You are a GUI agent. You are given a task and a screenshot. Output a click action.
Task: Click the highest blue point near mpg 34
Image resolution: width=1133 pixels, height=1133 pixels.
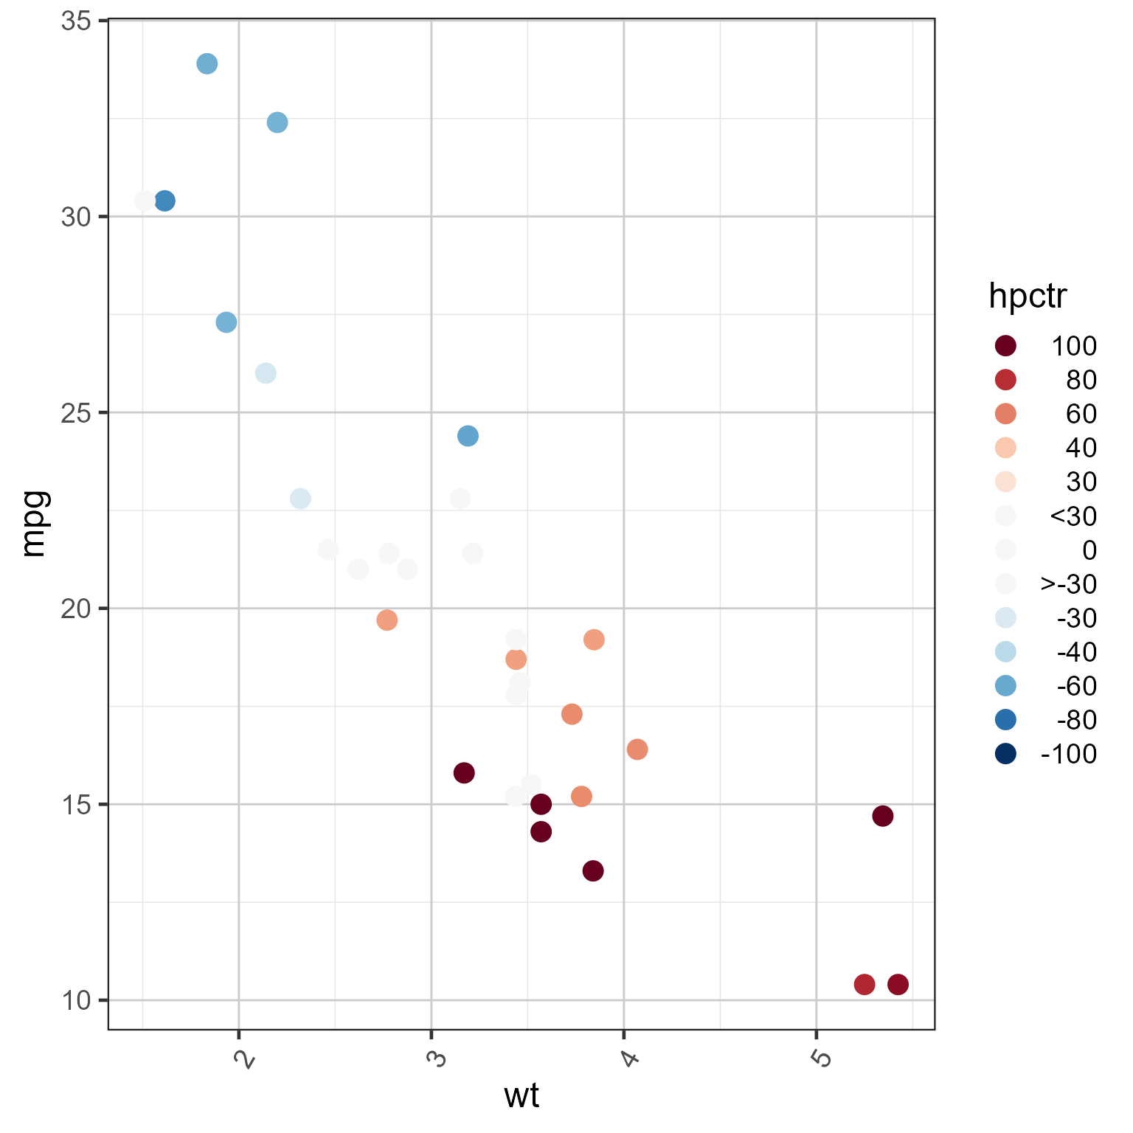[x=207, y=63]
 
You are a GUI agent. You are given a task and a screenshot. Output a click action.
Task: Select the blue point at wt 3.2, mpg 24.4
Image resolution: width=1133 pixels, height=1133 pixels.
[x=468, y=436]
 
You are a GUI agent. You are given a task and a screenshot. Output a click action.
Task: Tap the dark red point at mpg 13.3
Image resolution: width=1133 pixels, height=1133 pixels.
[x=593, y=870]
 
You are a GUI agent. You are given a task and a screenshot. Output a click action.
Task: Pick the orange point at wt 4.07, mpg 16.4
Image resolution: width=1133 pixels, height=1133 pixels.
[x=637, y=749]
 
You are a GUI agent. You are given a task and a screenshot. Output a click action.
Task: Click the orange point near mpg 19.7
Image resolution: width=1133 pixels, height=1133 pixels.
[x=387, y=620]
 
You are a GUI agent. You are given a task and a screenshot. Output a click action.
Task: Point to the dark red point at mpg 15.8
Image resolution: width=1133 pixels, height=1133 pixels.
[x=464, y=773]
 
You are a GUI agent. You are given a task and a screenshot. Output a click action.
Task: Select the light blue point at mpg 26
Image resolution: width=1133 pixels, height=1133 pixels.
[x=266, y=373]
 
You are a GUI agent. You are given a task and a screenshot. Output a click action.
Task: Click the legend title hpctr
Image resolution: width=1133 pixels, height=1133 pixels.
[x=1028, y=297]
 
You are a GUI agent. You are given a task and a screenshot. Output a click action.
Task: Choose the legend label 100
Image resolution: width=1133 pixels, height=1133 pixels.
[x=1074, y=346]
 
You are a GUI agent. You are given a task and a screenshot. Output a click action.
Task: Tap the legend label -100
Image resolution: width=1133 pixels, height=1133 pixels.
[x=1068, y=754]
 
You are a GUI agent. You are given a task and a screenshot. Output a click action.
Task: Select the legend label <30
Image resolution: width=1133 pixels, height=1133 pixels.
[x=1073, y=516]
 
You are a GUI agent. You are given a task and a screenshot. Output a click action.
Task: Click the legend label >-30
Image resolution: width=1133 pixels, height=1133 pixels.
[x=1069, y=584]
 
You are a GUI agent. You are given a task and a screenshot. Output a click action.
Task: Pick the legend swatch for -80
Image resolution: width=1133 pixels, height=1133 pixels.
[x=1005, y=720]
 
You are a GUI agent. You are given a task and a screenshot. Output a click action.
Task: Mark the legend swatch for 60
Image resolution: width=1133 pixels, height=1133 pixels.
[x=1005, y=414]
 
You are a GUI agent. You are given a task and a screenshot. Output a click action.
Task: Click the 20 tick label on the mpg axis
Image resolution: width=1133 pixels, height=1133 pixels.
[x=76, y=609]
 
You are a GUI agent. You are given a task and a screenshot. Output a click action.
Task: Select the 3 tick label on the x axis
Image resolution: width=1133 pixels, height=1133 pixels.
[x=437, y=1059]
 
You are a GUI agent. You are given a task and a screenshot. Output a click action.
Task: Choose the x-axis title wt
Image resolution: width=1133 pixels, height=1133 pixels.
[x=522, y=1097]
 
